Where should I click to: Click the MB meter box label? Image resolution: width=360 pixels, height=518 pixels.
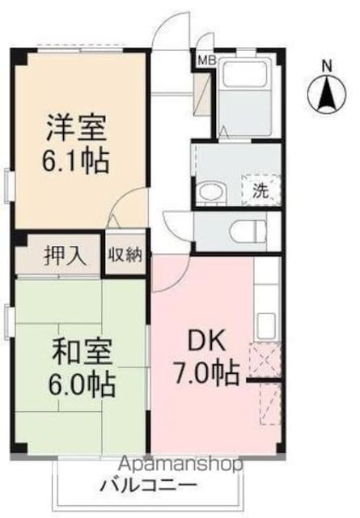(207, 60)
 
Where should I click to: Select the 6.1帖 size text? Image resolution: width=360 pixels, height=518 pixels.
(75, 162)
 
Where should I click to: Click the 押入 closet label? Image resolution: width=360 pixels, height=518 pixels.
(65, 256)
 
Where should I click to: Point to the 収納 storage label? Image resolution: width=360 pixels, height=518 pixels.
(125, 255)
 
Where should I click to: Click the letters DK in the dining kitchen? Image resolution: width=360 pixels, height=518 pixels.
(207, 341)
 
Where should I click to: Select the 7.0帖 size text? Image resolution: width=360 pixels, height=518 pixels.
(206, 374)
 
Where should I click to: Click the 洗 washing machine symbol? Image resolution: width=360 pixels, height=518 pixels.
(261, 190)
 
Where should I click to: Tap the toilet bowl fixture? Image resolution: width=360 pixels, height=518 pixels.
(249, 231)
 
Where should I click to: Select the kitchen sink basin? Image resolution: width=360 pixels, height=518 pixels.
(266, 326)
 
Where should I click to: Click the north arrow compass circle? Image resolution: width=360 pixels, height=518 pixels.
(327, 94)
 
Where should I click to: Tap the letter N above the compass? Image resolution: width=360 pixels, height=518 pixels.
(328, 66)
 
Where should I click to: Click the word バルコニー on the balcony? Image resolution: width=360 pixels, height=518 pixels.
(149, 486)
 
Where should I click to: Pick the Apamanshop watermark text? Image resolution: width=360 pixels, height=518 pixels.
(180, 464)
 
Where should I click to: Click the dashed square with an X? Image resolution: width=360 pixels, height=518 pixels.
(265, 360)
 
